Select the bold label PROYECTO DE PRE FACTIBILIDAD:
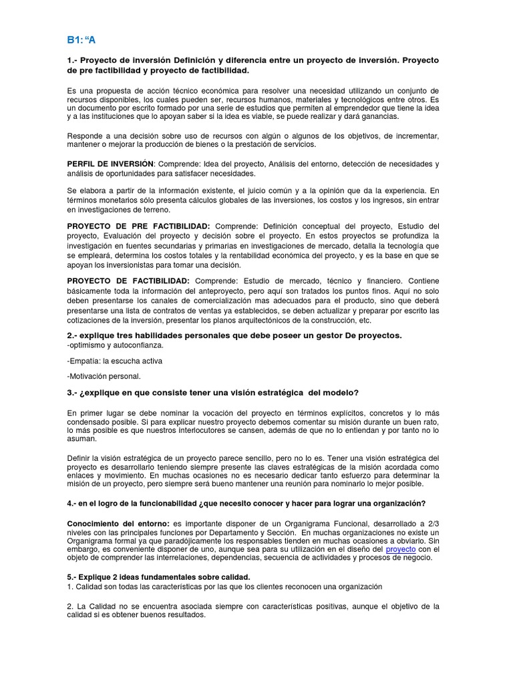click(x=139, y=226)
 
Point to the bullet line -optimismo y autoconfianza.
click(x=115, y=345)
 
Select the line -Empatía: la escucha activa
click(x=115, y=361)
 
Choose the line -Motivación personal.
click(x=104, y=376)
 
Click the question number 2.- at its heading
click(x=73, y=335)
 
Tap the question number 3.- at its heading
click(x=73, y=392)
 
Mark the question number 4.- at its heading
click(x=73, y=503)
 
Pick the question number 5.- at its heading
click(x=73, y=576)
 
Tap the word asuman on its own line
click(x=82, y=439)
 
